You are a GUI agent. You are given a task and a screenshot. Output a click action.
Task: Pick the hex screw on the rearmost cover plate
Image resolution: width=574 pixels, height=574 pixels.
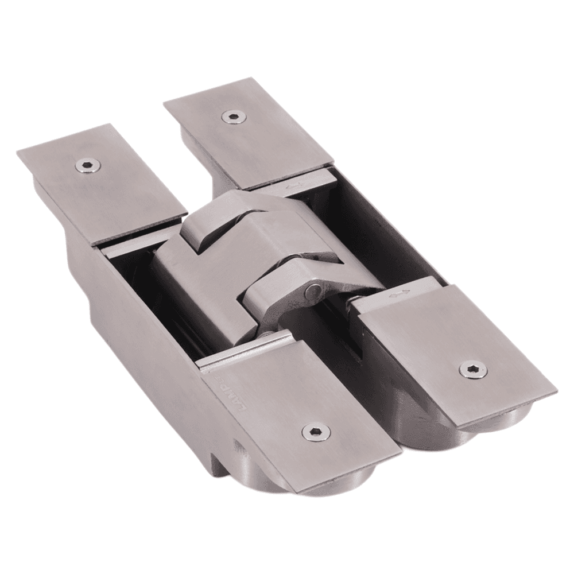pos(233,117)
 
